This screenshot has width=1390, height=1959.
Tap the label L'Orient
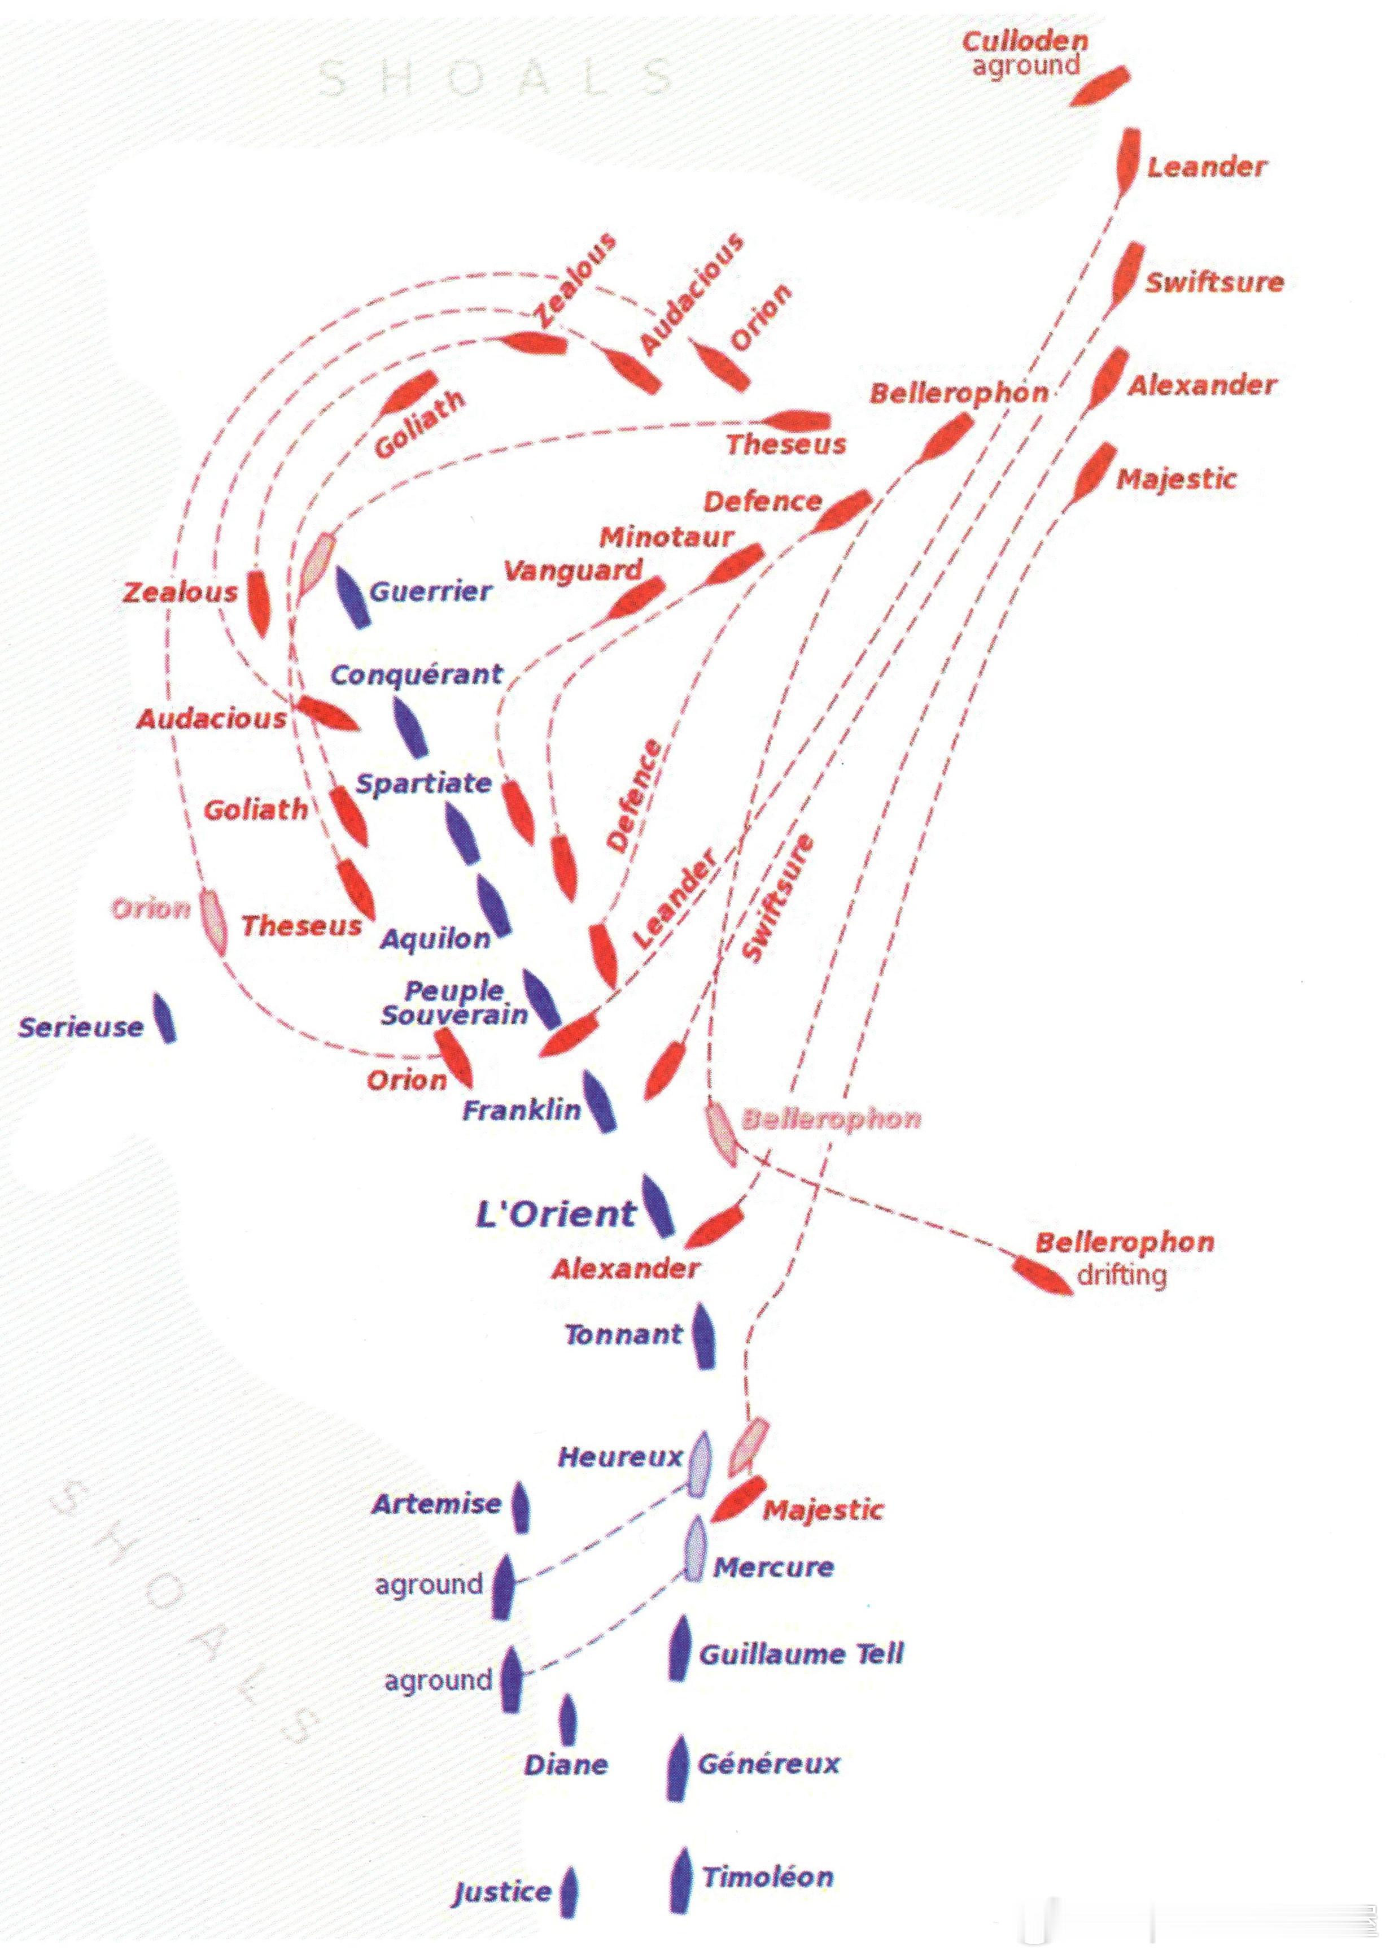pos(556,1214)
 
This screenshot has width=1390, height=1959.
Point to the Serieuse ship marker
pos(165,1018)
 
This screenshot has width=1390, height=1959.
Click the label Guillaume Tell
pos(801,1653)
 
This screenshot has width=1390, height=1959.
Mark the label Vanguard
pos(572,570)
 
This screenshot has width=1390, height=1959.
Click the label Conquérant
pos(416,674)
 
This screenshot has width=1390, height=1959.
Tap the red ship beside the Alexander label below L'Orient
pos(714,1226)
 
